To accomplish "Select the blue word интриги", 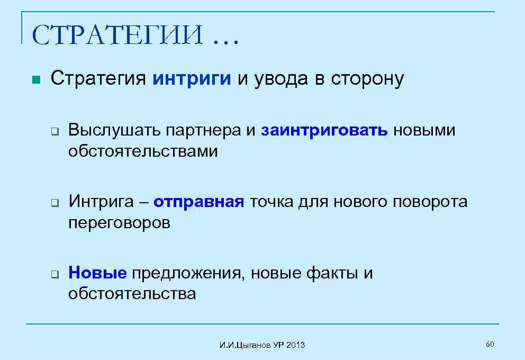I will click(192, 79).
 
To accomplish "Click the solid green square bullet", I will click(36, 80).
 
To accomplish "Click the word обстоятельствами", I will click(143, 152).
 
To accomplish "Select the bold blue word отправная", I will click(199, 202).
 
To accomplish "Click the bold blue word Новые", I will click(97, 273).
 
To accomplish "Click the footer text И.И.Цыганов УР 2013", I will click(262, 345).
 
